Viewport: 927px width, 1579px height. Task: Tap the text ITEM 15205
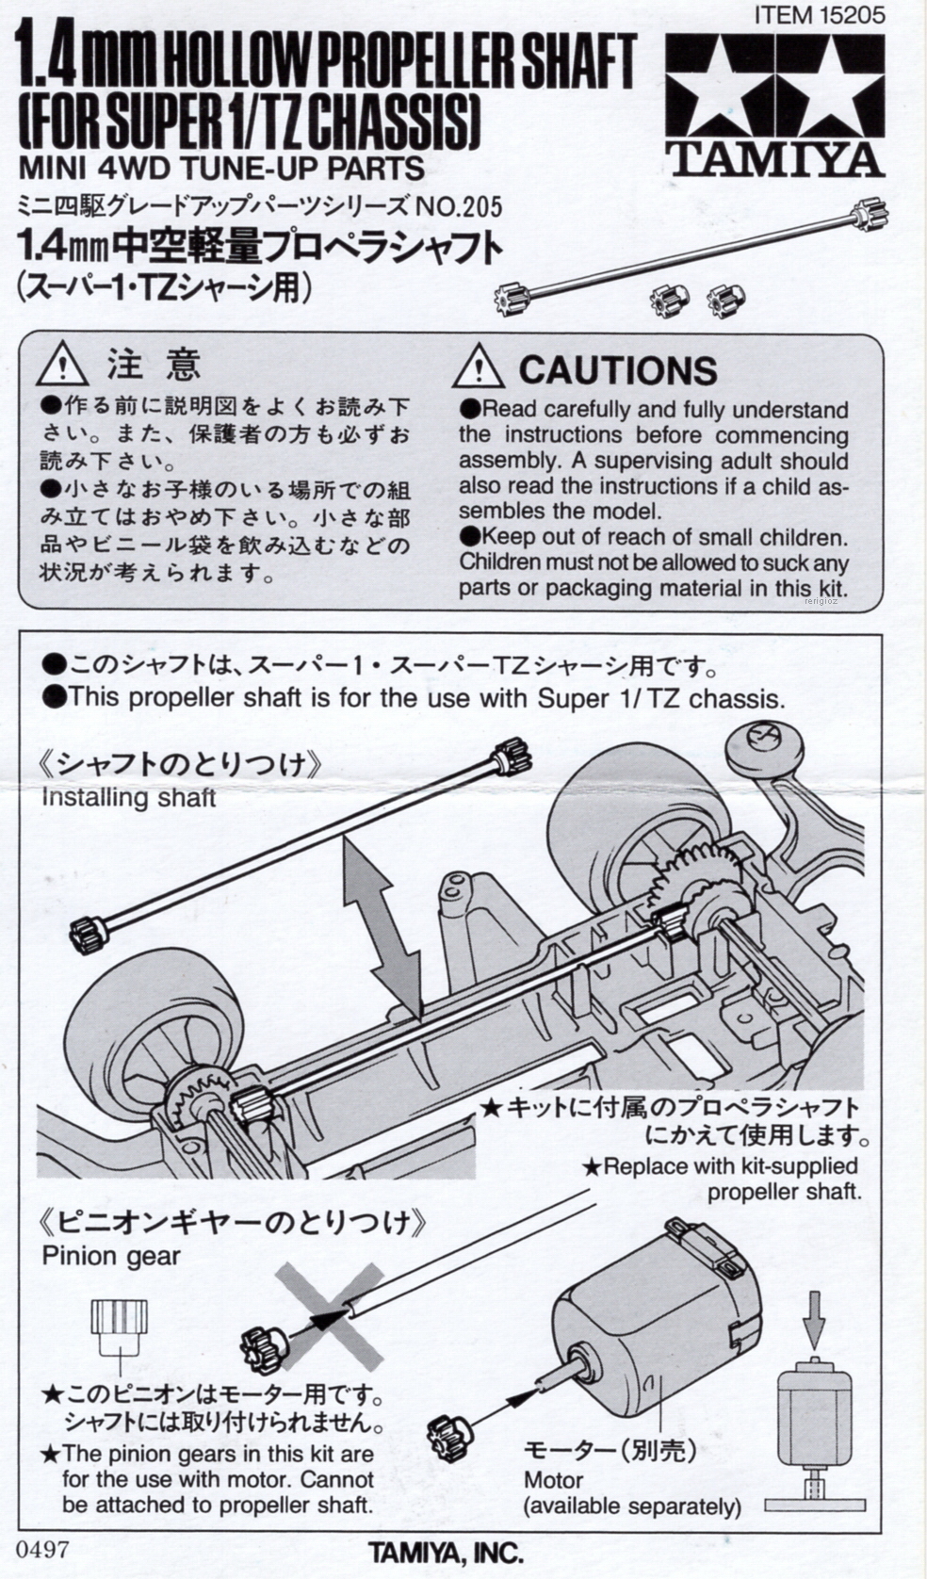pyautogui.click(x=820, y=14)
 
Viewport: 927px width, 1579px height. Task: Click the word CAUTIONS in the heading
pyautogui.click(x=617, y=370)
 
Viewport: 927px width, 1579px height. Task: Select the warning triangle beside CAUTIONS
pyautogui.click(x=478, y=366)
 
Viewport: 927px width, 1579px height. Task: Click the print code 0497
pyautogui.click(x=42, y=1549)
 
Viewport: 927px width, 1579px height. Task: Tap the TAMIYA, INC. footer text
pyautogui.click(x=445, y=1552)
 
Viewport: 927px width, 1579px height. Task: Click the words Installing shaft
pyautogui.click(x=128, y=797)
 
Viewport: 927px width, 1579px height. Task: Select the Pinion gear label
pyautogui.click(x=110, y=1256)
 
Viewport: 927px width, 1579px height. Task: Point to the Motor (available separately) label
pyautogui.click(x=631, y=1492)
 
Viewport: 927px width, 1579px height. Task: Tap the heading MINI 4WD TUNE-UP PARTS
pyautogui.click(x=221, y=168)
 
